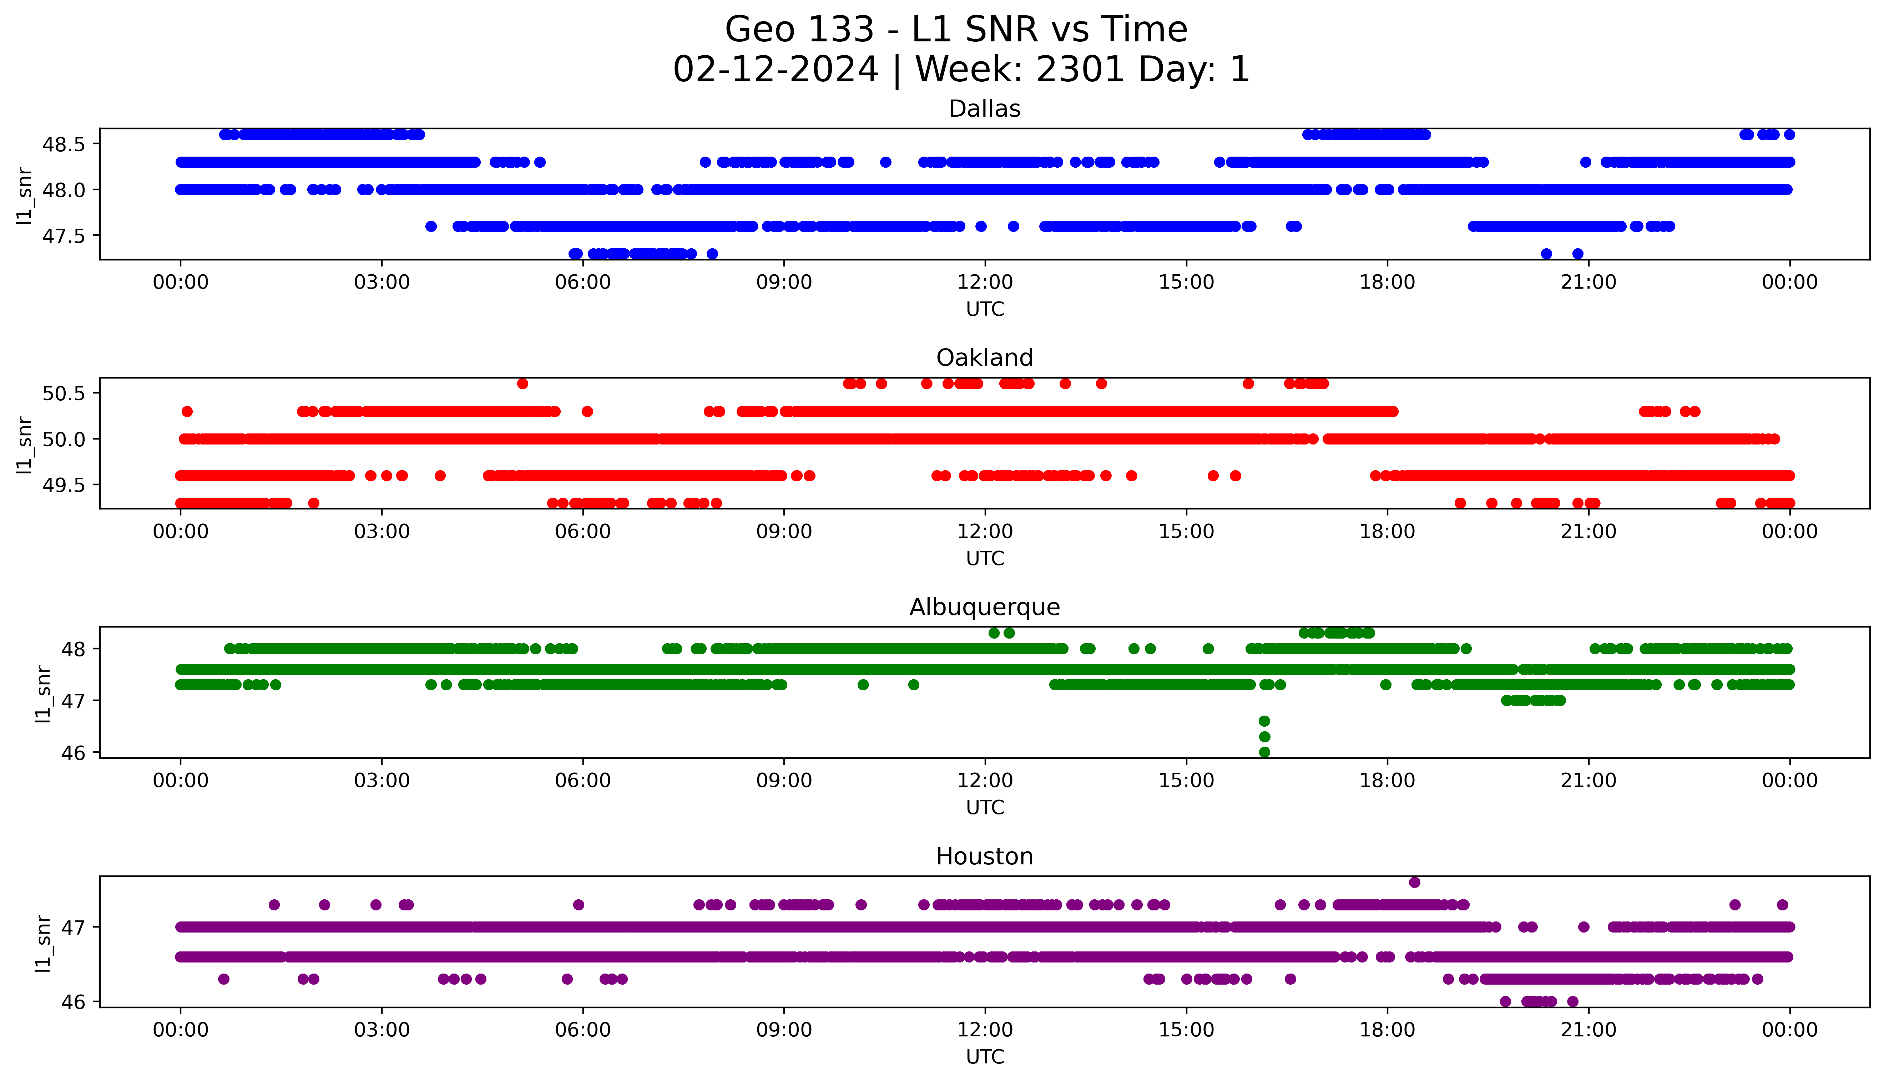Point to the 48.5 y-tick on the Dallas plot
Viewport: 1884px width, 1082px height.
[65, 144]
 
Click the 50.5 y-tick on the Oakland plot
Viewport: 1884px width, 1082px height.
[65, 393]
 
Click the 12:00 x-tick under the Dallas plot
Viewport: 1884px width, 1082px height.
[985, 283]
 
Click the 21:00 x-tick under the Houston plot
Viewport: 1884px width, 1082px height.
[1588, 1030]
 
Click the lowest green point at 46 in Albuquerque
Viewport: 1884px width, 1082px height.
[1264, 752]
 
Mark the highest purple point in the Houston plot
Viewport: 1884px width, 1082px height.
[1414, 882]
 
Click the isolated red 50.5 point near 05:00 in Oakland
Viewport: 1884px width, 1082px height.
[522, 383]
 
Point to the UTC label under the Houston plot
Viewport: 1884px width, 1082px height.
[985, 1056]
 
